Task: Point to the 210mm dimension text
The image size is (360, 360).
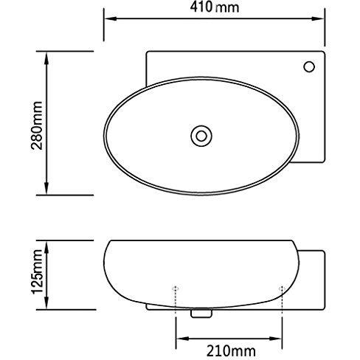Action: click(x=229, y=345)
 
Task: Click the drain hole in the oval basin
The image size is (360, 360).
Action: click(x=199, y=135)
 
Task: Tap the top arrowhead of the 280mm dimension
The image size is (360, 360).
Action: click(x=47, y=56)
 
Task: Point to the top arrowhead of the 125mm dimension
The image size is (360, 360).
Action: click(x=47, y=244)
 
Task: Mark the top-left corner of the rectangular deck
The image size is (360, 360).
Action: click(x=147, y=52)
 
